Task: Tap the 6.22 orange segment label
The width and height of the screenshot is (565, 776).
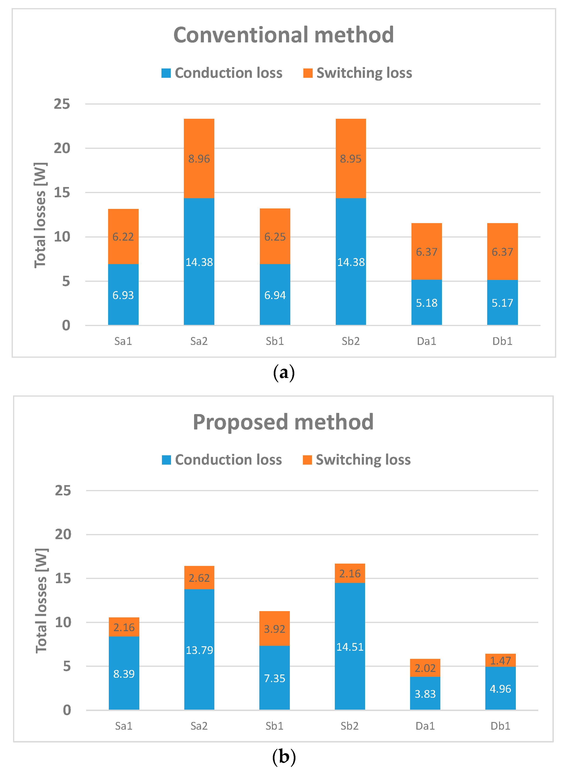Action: point(123,237)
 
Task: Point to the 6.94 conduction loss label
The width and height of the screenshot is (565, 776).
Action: point(275,295)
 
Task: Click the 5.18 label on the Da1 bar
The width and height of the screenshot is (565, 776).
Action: point(426,303)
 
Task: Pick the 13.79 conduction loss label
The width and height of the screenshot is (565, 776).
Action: point(199,650)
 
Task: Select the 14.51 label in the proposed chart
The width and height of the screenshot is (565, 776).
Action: point(350,647)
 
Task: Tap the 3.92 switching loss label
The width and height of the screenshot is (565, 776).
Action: point(274,629)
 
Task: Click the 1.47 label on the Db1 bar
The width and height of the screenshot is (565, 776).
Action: point(500,660)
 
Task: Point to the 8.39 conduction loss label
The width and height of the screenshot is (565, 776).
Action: point(124,674)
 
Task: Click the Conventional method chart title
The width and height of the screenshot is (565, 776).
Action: point(283,35)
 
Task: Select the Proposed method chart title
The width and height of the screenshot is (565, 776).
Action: point(283,422)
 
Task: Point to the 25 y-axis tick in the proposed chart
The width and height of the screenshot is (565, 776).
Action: point(63,491)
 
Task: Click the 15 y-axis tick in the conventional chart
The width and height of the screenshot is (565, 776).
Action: point(62,193)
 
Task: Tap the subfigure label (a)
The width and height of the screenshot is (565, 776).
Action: point(284,373)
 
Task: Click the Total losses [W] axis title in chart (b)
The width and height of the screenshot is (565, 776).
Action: point(41,600)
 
